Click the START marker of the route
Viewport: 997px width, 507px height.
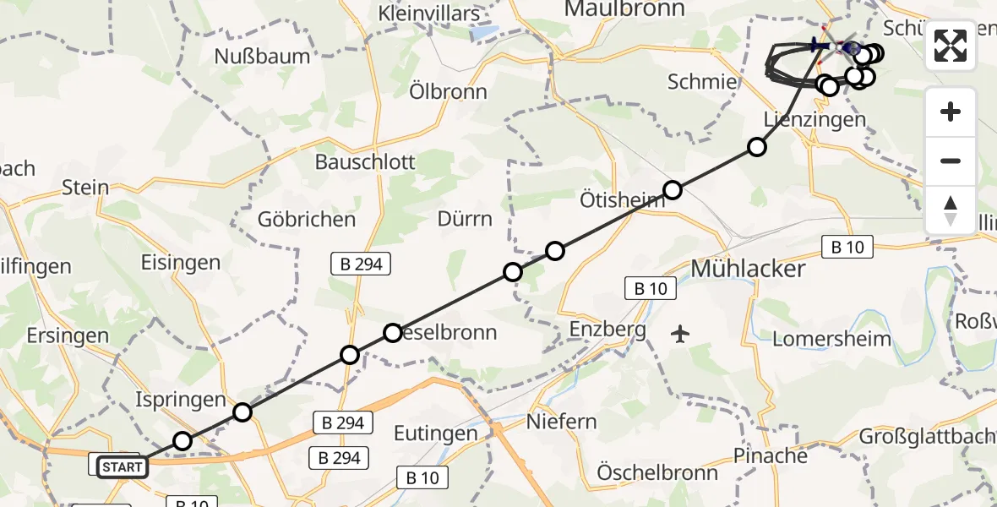point(123,466)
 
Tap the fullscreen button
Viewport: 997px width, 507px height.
point(951,46)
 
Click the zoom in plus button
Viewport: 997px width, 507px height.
point(951,112)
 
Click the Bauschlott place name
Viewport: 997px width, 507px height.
point(365,161)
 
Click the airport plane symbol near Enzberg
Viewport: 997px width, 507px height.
point(680,334)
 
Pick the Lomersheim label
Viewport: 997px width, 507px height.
point(832,339)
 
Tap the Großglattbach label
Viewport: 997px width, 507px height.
point(926,437)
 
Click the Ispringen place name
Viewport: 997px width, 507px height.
point(181,400)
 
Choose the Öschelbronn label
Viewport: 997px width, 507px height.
point(657,472)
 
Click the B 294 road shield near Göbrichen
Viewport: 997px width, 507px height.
point(357,264)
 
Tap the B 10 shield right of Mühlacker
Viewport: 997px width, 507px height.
point(847,248)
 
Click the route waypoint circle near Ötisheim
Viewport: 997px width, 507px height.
point(673,190)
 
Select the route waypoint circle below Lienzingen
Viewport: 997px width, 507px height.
point(757,148)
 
